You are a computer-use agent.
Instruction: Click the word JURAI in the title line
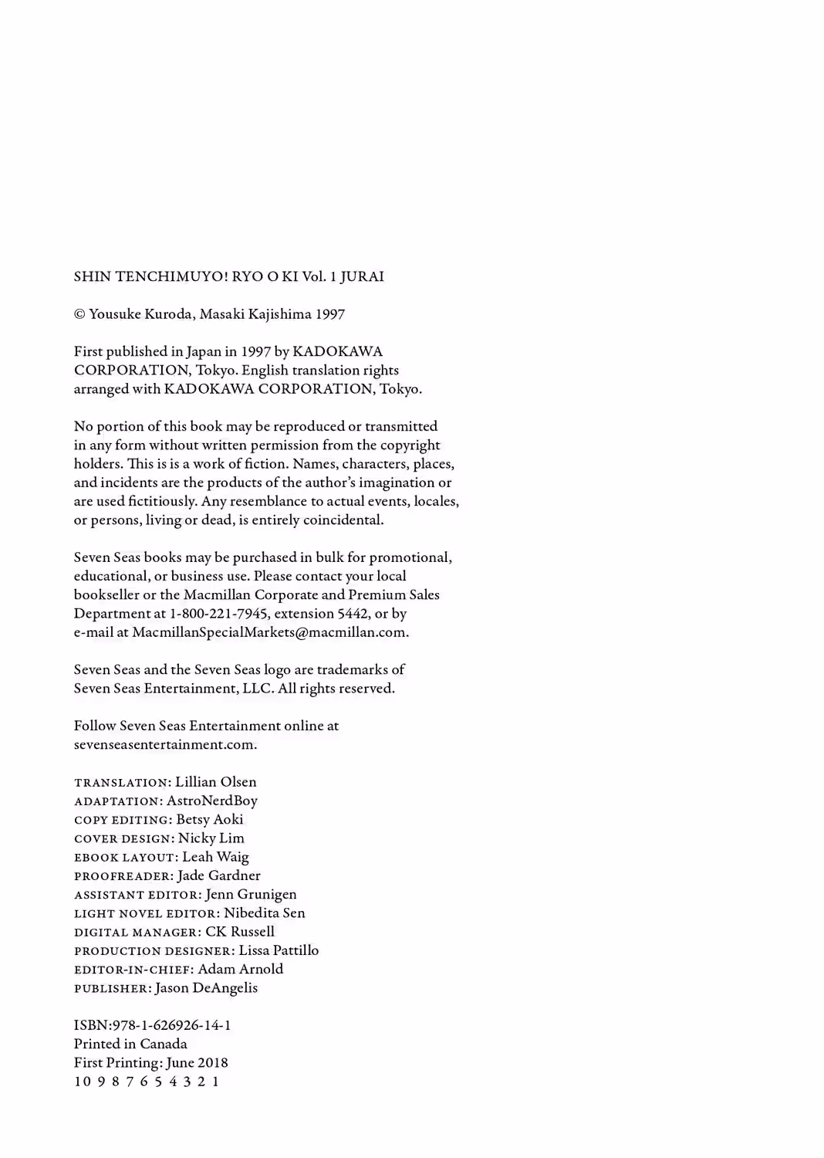(362, 276)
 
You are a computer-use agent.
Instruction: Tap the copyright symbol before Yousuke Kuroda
(79, 314)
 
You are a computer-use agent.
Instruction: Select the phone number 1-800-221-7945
(219, 614)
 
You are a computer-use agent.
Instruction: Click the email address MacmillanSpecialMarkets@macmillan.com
(268, 632)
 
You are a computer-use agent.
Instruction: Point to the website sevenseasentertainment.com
(164, 745)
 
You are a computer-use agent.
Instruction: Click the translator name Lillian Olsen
(216, 782)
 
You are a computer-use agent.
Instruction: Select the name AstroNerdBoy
(212, 801)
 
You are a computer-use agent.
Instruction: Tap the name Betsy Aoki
(210, 820)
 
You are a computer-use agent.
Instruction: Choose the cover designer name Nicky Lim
(211, 838)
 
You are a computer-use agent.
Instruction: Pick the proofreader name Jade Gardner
(219, 875)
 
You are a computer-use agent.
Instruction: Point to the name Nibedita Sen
(265, 913)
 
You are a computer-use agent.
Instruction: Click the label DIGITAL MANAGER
(136, 933)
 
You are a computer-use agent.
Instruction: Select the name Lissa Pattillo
(279, 950)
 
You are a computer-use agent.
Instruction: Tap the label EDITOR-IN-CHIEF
(132, 970)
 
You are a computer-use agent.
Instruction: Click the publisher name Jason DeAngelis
(207, 988)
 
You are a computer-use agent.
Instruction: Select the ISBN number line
(153, 1025)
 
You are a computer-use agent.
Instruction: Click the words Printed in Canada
(130, 1044)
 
